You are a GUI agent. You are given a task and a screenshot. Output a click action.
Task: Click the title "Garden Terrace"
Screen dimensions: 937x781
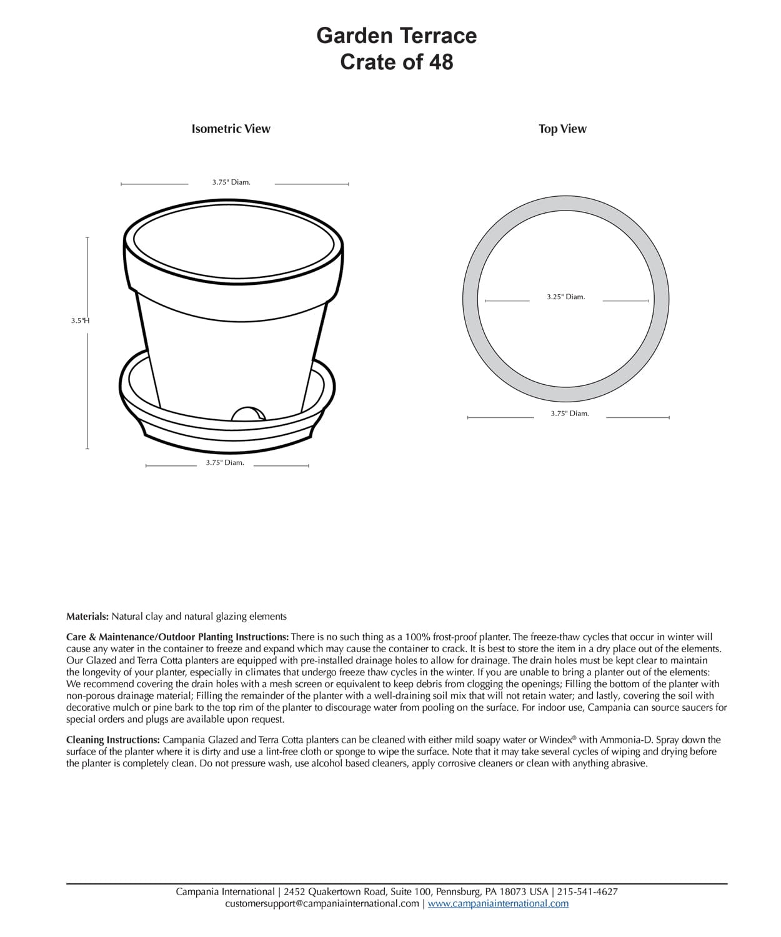396,36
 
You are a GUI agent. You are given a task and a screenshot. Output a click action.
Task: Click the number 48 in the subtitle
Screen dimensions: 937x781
440,62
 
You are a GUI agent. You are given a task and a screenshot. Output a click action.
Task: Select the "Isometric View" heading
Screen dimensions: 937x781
231,129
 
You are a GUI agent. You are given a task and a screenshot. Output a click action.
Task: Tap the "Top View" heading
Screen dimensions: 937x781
562,129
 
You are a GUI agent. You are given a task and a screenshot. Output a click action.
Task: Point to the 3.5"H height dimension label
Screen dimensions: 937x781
81,320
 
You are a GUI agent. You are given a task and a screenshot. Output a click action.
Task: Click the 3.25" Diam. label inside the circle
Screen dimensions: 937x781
565,297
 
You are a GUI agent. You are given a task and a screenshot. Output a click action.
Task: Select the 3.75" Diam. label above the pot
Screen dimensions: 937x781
231,182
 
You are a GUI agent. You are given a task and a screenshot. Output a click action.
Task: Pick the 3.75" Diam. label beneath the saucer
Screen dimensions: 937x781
225,463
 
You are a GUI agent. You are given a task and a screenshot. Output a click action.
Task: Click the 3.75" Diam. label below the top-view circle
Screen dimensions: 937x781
569,414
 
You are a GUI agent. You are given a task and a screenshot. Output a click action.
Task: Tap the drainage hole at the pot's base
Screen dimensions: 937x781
247,415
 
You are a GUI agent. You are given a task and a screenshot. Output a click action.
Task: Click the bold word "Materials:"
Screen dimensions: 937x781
87,617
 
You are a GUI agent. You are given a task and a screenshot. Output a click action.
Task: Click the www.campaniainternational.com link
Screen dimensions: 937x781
498,903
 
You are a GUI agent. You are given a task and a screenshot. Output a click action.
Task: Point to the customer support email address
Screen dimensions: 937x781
322,903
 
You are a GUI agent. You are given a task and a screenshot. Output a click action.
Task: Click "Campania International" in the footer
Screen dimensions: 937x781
225,892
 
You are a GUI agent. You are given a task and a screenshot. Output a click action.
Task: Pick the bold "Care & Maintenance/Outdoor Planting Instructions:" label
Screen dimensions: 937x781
177,637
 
